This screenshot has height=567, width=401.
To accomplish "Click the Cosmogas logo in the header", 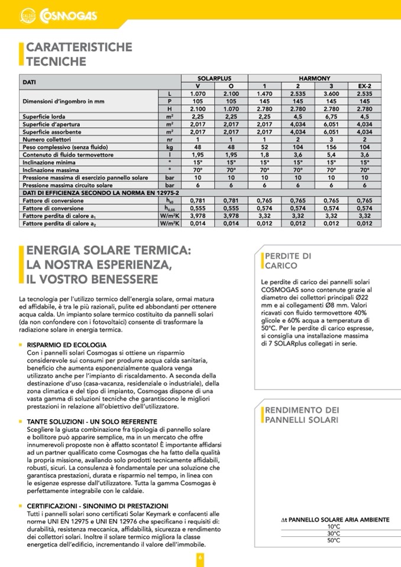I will tap(59, 14).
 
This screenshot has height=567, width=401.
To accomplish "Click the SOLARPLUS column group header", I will tap(214, 78).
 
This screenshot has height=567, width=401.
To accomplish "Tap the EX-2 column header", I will tap(364, 86).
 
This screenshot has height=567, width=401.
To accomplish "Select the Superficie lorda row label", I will tap(44, 116).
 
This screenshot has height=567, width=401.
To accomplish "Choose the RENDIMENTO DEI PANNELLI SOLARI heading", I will tap(302, 415).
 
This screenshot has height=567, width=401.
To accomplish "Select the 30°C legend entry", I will tap(334, 533).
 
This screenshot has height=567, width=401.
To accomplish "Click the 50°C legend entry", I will tap(334, 540).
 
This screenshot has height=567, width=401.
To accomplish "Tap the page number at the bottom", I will tap(200, 558).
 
